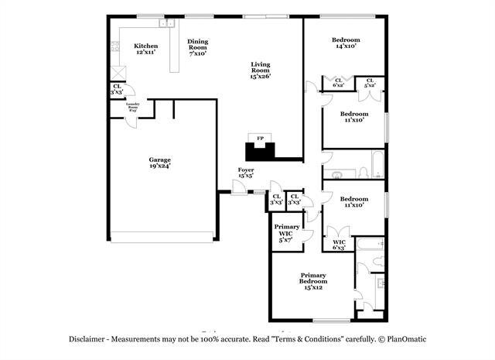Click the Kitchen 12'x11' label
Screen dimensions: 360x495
[x=145, y=49]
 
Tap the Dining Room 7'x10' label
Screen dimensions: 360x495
[x=198, y=48]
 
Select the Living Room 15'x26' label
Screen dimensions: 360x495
[x=261, y=70]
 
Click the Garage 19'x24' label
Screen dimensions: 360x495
[x=159, y=163]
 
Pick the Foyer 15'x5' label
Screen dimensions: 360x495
[x=246, y=172]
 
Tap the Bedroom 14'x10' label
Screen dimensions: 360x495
[x=346, y=43]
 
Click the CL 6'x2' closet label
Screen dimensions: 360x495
[x=339, y=82]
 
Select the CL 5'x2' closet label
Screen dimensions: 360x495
[x=370, y=82]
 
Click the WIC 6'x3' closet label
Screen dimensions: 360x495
[x=339, y=245]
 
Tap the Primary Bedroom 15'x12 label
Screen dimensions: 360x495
[x=313, y=281]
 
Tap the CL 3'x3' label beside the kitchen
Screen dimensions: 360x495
[x=117, y=89]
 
